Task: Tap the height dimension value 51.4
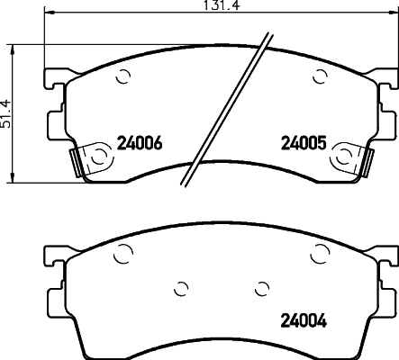(7, 112)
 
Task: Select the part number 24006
(140, 142)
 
